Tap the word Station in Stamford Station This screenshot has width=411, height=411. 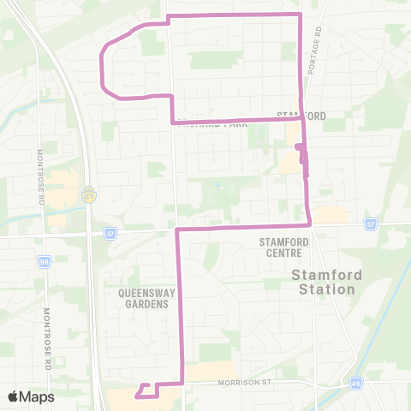coord(322,289)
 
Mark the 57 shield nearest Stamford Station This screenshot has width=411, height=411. coord(371,224)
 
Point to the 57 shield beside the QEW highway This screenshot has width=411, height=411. coord(110,232)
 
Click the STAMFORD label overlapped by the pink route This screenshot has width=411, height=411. coord(301,116)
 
